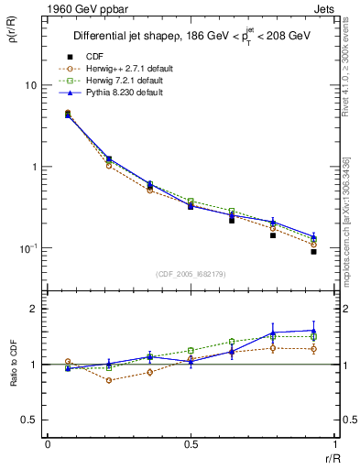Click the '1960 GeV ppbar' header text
coord(69,8)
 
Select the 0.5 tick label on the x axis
coord(191,444)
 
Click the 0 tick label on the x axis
coord(47,444)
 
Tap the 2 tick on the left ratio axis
coord(34,310)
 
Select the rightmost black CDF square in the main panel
coord(313,251)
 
